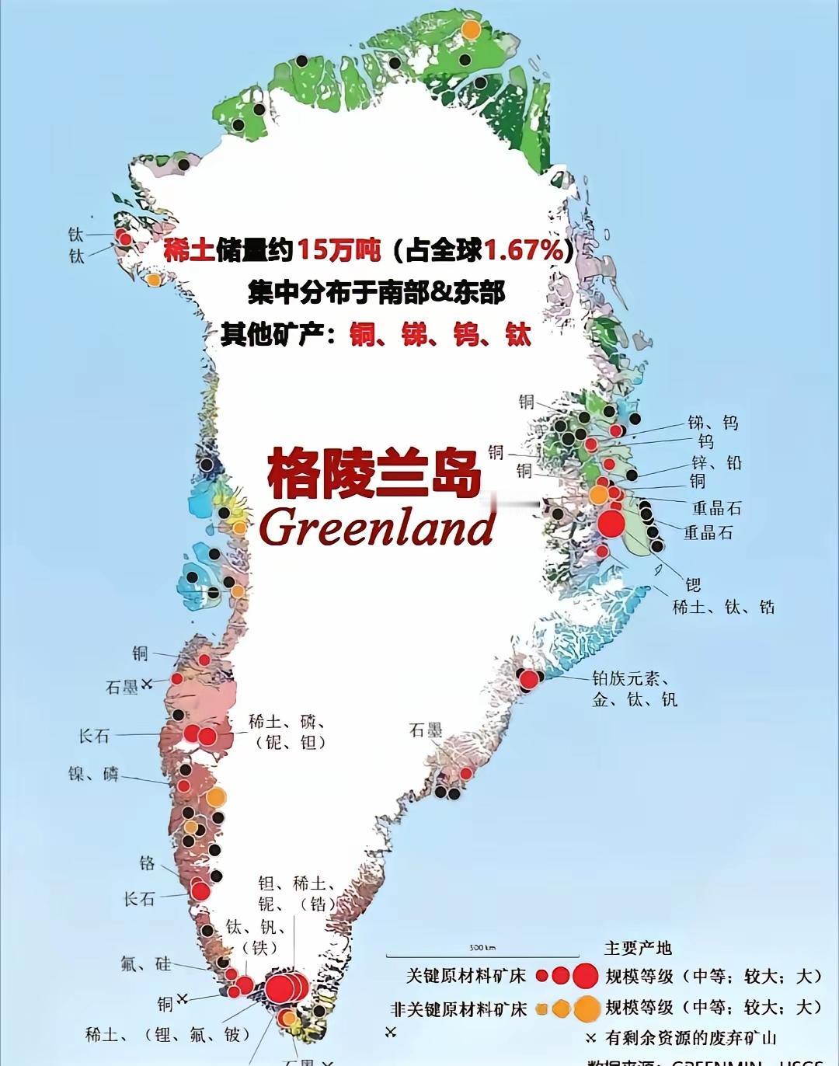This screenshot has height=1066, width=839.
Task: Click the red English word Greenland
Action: click(x=378, y=528)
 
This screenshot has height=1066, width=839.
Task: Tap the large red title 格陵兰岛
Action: click(x=374, y=473)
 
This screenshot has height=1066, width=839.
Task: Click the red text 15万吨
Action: click(x=339, y=250)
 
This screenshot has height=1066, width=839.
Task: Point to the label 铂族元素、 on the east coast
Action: click(x=630, y=678)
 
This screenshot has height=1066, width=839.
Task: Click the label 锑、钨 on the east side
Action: click(x=712, y=423)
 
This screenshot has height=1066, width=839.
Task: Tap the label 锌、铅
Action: click(x=716, y=463)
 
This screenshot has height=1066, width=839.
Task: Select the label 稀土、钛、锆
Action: click(x=723, y=607)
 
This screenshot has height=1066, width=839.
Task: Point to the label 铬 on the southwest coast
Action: click(x=147, y=863)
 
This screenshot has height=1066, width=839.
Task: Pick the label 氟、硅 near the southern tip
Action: click(x=145, y=964)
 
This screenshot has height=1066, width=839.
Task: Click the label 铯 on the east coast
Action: click(x=692, y=584)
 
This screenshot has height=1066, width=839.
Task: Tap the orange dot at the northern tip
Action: click(x=471, y=30)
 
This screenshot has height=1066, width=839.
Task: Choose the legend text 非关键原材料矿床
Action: click(x=458, y=1009)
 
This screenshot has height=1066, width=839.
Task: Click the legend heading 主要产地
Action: click(x=638, y=948)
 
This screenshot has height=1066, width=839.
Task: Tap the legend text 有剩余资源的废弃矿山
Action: click(x=691, y=1037)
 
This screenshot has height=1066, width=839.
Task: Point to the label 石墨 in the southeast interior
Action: click(x=426, y=730)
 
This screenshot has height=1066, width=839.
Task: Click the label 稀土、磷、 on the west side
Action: click(x=287, y=722)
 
